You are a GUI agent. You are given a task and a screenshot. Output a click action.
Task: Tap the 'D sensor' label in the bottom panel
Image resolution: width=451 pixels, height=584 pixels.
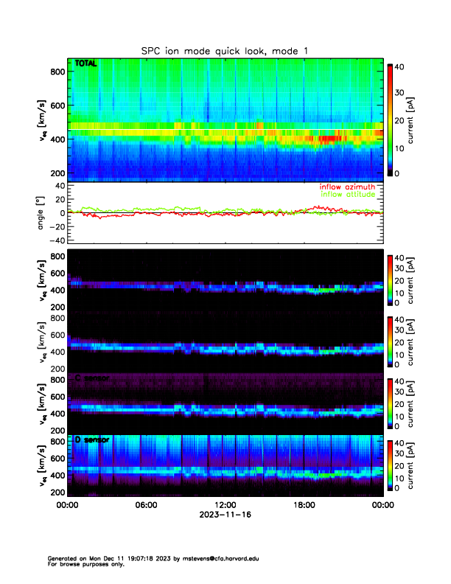92,439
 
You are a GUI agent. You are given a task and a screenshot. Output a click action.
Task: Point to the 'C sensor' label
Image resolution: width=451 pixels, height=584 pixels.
92,378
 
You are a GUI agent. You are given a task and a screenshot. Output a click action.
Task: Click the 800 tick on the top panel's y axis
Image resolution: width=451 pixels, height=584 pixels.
56,71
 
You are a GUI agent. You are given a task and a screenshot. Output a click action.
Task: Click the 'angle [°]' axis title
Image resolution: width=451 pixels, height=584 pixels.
41,213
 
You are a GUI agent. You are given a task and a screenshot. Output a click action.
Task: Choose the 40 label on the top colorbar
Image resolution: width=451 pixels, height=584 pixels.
399,66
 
